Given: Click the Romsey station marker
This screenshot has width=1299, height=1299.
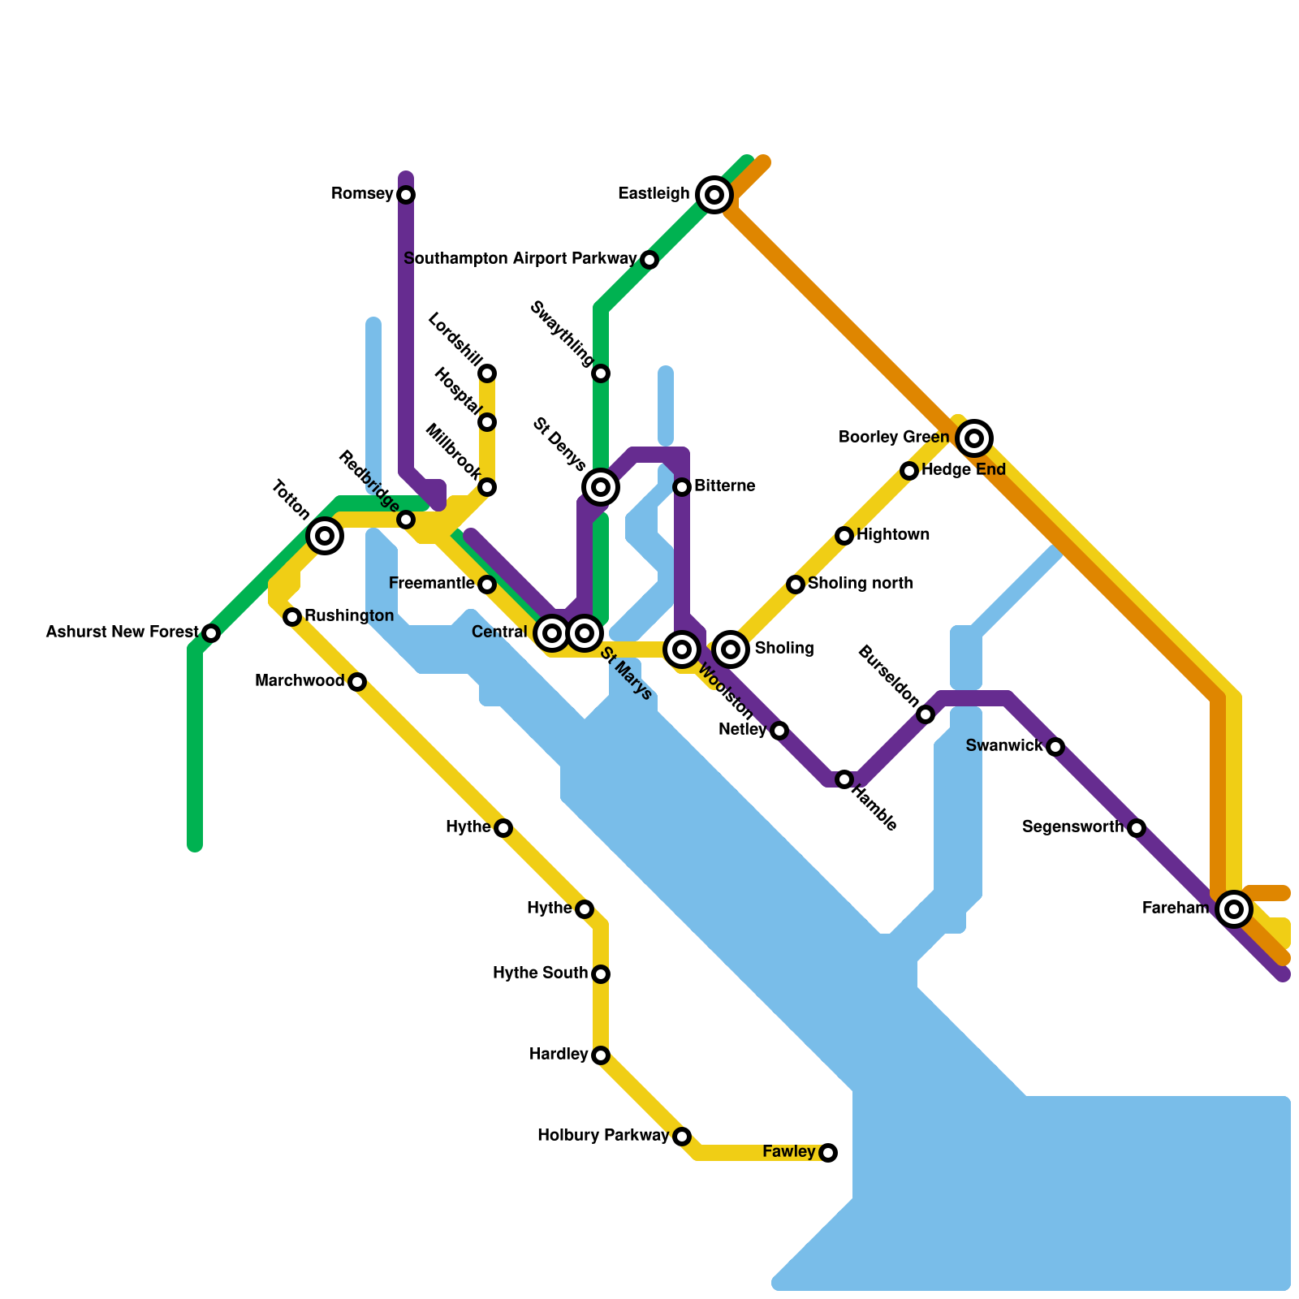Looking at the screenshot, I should [406, 195].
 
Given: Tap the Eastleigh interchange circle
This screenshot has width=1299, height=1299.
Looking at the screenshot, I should [714, 195].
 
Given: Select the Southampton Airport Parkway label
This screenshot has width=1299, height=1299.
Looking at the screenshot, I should [520, 259].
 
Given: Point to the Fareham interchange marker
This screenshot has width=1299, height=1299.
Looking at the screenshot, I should [1234, 909].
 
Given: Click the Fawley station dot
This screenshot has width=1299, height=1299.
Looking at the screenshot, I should [828, 1153].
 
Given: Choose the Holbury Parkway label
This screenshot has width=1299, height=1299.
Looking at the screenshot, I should [602, 1136].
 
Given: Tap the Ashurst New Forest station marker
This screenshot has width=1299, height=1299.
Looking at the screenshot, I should [211, 633].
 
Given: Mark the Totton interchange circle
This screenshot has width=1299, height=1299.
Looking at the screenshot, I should [325, 536].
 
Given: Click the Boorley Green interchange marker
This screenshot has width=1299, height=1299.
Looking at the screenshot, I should [974, 438].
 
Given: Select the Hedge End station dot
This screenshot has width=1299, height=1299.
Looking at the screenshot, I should [909, 471].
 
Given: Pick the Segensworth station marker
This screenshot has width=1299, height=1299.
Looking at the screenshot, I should [1137, 828].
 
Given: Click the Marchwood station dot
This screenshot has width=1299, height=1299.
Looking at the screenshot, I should [357, 682].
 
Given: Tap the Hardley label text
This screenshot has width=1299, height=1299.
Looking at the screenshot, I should [558, 1055].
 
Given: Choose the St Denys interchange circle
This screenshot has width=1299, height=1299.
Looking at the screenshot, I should [601, 487].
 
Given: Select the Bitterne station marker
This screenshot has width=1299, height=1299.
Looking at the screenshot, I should [682, 487].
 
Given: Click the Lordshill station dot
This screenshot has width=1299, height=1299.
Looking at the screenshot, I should [487, 373].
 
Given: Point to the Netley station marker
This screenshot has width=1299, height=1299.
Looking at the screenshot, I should [779, 731].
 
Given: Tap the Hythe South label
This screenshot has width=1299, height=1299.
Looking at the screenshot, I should [540, 973].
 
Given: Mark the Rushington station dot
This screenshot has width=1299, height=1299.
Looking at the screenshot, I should [292, 617].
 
